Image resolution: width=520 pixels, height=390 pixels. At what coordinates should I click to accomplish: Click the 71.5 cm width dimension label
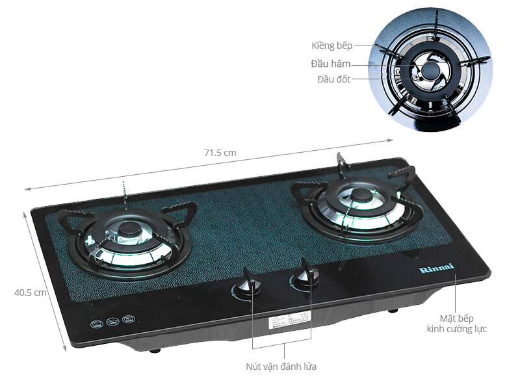click(219, 153)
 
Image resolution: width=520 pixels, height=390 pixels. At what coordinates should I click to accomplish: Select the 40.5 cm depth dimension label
click(31, 292)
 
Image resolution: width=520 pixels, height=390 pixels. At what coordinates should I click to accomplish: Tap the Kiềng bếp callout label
click(331, 45)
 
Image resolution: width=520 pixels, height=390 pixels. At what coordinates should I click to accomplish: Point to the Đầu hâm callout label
click(331, 64)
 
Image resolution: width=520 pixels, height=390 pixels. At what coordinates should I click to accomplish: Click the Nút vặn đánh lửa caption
click(281, 367)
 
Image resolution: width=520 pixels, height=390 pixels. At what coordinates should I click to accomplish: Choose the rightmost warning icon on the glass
click(128, 319)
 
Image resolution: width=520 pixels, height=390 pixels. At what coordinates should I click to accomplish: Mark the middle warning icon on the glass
click(112, 321)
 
